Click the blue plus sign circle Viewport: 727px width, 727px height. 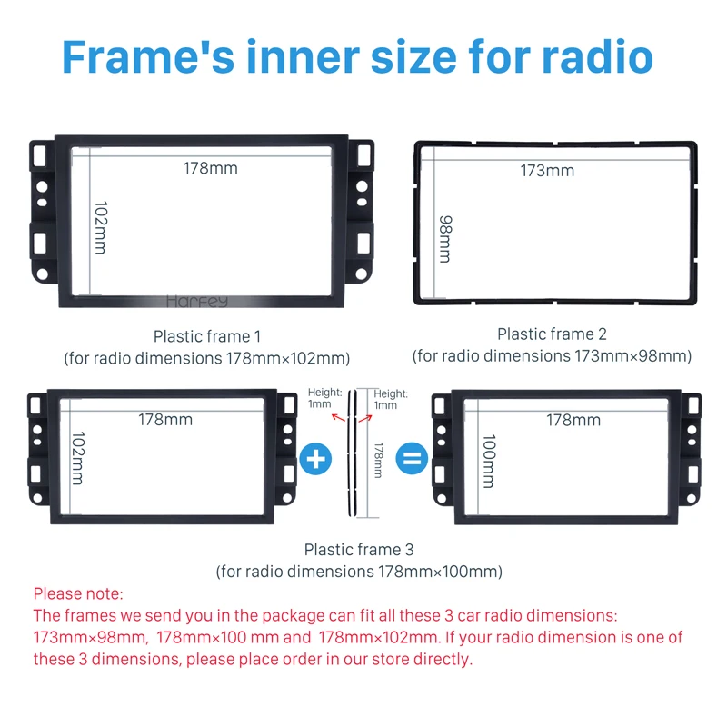315,459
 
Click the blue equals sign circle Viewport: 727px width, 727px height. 412,459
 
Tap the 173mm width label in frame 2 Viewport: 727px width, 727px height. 547,171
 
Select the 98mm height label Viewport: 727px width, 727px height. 445,239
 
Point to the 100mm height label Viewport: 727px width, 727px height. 489,461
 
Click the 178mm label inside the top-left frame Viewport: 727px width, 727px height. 211,168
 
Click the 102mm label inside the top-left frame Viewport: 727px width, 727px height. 101,228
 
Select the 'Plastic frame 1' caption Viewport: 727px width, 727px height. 207,336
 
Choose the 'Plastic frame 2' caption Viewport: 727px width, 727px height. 552,334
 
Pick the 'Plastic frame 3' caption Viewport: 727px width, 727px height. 359,550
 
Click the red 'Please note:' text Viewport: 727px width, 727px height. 78,593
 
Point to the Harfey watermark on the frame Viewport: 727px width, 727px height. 197,302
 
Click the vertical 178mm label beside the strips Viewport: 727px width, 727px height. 378,461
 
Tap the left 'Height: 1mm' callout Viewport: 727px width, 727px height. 324,398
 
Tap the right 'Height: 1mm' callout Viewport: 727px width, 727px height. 391,399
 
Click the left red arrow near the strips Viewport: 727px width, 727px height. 338,418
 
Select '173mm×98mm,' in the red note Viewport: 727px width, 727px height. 91,637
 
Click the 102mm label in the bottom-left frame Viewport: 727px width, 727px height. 77,459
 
